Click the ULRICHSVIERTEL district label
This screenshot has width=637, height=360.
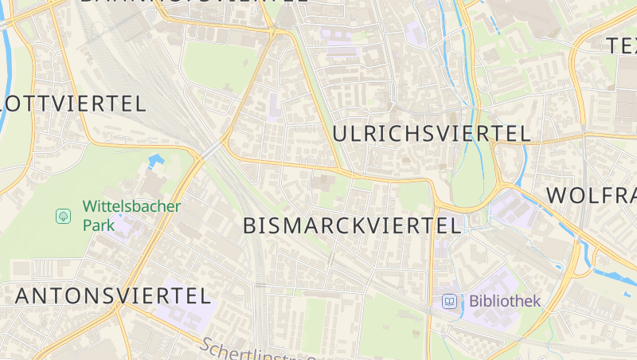[x=431, y=134]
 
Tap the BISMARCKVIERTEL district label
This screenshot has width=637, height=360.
[x=352, y=225]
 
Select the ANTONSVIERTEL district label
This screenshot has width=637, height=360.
[x=113, y=295]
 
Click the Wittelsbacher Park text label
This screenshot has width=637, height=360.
[x=131, y=215]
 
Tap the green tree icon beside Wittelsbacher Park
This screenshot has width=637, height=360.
[x=63, y=216]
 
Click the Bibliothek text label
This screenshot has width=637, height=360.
[x=505, y=301]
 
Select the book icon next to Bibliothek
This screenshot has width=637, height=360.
[x=450, y=301]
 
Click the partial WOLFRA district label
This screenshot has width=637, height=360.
[x=591, y=196]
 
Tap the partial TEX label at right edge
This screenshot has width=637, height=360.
[x=621, y=45]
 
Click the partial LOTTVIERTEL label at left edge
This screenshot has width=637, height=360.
[x=73, y=104]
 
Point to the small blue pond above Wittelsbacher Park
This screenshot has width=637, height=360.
[x=155, y=161]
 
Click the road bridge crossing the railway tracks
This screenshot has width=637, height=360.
[x=211, y=150]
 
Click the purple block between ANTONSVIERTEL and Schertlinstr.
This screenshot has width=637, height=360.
[x=179, y=315]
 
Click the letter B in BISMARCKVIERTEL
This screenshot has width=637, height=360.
[x=250, y=225]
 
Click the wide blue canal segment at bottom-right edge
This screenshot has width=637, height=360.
[x=617, y=278]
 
